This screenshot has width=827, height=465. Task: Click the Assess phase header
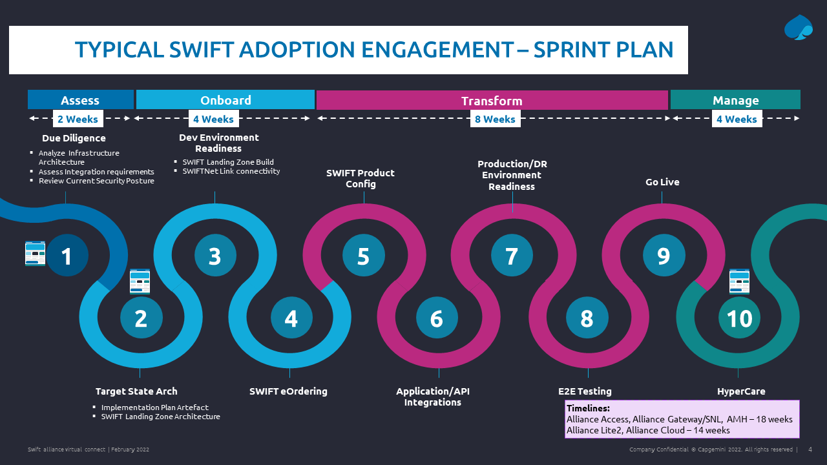pos(80,100)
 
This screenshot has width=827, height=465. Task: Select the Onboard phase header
pos(225,100)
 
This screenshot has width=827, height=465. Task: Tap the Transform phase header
pos(492,101)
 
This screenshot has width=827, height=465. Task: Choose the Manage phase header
pos(735,100)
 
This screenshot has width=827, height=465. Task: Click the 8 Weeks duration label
pos(495,119)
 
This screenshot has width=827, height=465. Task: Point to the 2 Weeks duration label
pos(78,119)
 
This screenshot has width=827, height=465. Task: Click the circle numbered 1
pos(67,256)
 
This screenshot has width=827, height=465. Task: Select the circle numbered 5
pos(363,256)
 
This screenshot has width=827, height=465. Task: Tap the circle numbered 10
pos(739,318)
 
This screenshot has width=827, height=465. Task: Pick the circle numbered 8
pos(587,318)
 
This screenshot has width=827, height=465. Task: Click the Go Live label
pos(662,182)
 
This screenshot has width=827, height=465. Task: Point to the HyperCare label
pos(741,391)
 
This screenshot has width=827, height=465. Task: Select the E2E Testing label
pos(585,391)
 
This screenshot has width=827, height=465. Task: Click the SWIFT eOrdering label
pos(288,391)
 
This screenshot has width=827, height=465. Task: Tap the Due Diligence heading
pos(74,138)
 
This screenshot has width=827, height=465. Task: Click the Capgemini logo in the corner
pos(799,28)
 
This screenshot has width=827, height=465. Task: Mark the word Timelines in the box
pos(588,408)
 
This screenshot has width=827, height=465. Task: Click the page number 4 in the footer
pos(810,449)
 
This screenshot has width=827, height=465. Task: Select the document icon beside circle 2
pos(140,282)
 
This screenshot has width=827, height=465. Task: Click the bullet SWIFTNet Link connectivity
pos(231,171)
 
